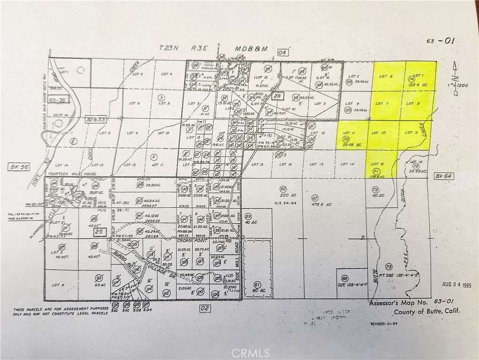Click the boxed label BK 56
tap(16, 166)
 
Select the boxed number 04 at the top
tap(282, 52)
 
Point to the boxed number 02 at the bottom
tap(205, 308)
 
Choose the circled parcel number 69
tap(345, 277)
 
